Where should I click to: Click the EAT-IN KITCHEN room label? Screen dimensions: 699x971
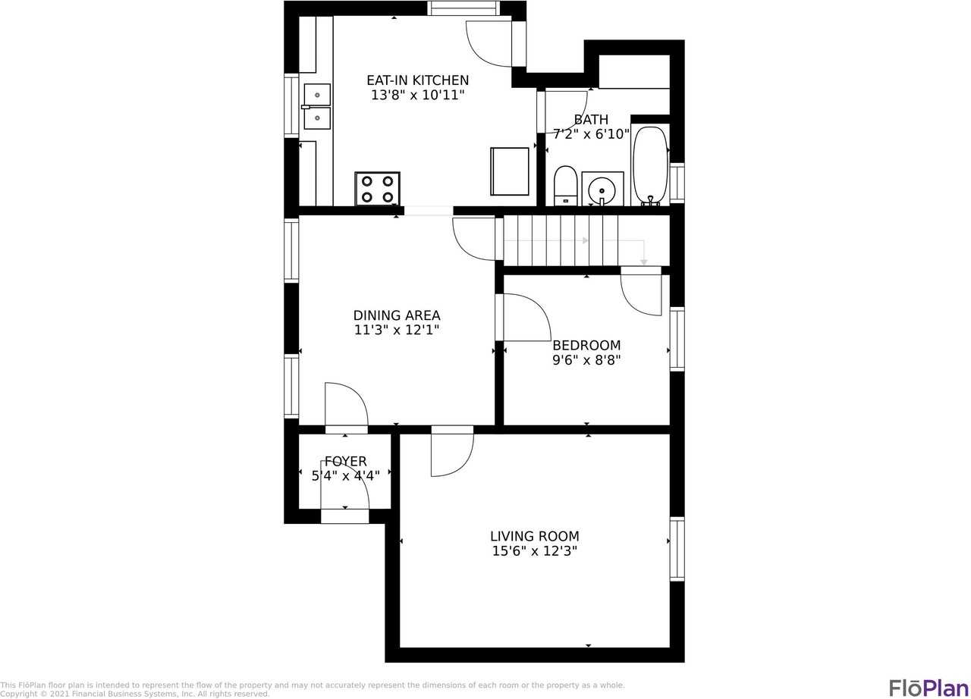(417, 80)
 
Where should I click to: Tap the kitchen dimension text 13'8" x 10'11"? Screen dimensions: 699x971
(417, 96)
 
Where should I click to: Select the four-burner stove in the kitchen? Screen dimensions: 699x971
(377, 189)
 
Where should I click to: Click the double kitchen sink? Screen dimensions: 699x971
(317, 107)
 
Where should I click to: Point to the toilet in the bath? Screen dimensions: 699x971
(565, 186)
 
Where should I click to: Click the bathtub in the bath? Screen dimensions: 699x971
(650, 165)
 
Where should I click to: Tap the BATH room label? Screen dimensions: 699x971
(591, 120)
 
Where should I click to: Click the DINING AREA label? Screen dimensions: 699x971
(397, 315)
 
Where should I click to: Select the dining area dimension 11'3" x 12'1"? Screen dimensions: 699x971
(397, 331)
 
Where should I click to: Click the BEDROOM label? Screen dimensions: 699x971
(586, 346)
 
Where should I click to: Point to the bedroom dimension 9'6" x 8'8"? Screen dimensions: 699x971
(586, 361)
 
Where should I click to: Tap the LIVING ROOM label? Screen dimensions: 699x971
(535, 536)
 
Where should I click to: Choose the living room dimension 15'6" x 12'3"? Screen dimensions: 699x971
(535, 552)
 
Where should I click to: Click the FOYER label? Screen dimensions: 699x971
(346, 462)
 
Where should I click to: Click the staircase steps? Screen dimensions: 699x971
(561, 240)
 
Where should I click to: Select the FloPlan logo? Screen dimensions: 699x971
(929, 687)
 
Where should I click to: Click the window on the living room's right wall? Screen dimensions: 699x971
(677, 549)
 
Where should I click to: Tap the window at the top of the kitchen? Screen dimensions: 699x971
(463, 8)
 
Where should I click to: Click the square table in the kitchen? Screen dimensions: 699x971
(510, 171)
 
